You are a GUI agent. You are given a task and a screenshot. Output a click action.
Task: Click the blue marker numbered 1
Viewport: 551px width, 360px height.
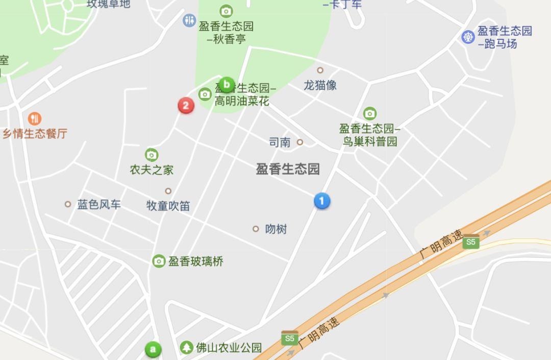pos(321,201)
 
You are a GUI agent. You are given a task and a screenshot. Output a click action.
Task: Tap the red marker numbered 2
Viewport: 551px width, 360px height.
pos(186,106)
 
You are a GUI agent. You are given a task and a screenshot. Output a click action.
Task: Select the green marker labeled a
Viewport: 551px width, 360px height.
pos(153,350)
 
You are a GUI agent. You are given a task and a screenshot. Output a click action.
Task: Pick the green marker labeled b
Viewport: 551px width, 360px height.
pos(226,85)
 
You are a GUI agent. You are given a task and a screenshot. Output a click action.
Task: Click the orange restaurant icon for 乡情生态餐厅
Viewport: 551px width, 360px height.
pos(35,119)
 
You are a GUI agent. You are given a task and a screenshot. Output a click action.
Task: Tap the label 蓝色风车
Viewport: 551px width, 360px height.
pos(99,205)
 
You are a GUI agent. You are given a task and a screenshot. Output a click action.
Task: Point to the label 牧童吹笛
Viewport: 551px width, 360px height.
pos(168,206)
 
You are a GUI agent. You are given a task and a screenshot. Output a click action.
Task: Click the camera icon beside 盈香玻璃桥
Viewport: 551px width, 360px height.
pos(159,261)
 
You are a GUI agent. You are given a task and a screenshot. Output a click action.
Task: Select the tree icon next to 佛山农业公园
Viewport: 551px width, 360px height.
pos(187,348)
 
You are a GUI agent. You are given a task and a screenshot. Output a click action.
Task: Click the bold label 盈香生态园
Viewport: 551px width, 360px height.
pos(288,170)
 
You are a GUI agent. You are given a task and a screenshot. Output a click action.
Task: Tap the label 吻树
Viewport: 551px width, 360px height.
pos(276,229)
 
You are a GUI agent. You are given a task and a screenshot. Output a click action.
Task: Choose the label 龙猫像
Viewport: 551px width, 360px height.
pos(320,85)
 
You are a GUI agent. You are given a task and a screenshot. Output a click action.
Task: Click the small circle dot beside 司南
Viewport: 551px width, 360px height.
pos(300,142)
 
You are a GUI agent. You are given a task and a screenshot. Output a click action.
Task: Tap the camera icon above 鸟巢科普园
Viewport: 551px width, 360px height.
pos(370,113)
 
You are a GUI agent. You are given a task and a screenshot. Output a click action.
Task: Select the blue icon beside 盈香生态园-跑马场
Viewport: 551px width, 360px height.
pos(468,37)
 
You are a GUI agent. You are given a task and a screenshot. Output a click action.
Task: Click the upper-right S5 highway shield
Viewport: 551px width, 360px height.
pos(471,242)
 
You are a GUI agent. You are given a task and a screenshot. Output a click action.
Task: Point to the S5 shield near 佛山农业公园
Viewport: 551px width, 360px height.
pos(290,338)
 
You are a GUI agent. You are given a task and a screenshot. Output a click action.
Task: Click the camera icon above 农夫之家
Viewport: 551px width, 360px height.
pos(152,155)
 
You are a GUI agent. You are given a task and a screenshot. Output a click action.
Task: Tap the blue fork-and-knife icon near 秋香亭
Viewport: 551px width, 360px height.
pos(189,20)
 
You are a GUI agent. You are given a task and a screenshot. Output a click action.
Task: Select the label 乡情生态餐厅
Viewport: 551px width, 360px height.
pos(35,134)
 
